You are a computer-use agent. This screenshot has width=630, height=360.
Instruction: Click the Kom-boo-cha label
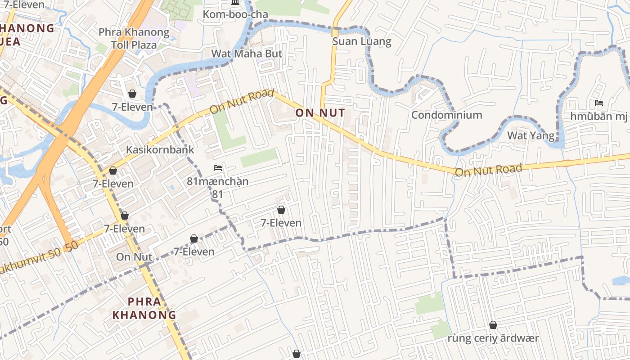pyautogui.click(x=235, y=14)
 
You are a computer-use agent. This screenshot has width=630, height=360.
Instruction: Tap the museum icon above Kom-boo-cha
pyautogui.click(x=235, y=3)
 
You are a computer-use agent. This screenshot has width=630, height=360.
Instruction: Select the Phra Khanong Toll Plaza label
pyautogui.click(x=134, y=39)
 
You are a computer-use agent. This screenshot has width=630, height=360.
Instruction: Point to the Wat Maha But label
pyautogui.click(x=247, y=54)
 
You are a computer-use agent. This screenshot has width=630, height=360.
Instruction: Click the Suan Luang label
pyautogui.click(x=362, y=42)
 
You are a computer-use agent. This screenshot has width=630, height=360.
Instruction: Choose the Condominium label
pyautogui.click(x=446, y=115)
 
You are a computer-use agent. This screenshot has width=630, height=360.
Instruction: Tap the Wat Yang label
pyautogui.click(x=531, y=135)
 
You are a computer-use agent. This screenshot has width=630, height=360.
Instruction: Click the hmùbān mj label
pyautogui.click(x=598, y=117)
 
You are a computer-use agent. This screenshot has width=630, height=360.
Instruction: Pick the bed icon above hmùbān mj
pyautogui.click(x=598, y=103)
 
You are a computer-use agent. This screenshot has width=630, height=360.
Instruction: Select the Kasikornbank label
pyautogui.click(x=160, y=149)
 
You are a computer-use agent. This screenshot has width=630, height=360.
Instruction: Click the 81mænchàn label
pyautogui.click(x=217, y=182)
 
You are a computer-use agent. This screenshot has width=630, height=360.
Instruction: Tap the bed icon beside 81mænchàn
pyautogui.click(x=218, y=168)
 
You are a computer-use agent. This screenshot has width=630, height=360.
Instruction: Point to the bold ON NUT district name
pyautogui.click(x=320, y=113)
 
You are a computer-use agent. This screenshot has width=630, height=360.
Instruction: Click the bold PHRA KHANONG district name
pyautogui.click(x=144, y=308)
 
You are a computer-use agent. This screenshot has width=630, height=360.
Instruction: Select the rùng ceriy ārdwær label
pyautogui.click(x=493, y=338)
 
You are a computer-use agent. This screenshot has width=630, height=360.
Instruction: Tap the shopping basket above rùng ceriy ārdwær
pyautogui.click(x=493, y=325)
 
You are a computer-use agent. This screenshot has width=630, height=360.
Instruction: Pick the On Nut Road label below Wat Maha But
pyautogui.click(x=242, y=102)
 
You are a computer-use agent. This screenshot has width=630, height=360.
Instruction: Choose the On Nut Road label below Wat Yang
pyautogui.click(x=488, y=170)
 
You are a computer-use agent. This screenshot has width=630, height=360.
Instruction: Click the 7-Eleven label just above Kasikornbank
pyautogui.click(x=132, y=107)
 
